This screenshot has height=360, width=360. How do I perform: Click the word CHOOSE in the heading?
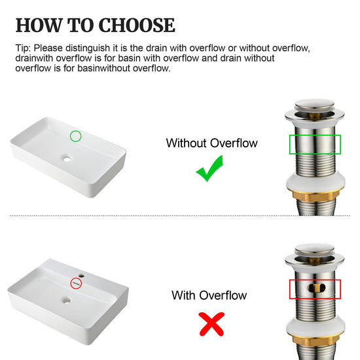137,25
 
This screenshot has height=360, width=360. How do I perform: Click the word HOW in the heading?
39,25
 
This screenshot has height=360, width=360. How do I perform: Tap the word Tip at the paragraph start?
23,48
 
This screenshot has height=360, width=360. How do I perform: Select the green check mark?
209,168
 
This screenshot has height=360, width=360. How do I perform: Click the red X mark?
211,324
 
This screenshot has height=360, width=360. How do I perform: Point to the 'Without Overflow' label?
211,143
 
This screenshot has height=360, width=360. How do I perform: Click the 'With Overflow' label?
209,295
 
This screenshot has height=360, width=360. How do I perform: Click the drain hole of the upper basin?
67,158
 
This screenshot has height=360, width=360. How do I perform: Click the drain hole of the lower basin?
67,300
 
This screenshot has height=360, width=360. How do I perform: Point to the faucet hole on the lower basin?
81,275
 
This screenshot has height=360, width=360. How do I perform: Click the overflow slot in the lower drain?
316,288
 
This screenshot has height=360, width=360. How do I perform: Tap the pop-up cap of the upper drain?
315,105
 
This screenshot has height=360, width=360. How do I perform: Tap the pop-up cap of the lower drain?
315,250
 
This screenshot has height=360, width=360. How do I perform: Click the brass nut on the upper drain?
315,196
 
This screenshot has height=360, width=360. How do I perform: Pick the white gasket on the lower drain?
315,326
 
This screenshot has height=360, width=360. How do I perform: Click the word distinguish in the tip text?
88,48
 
